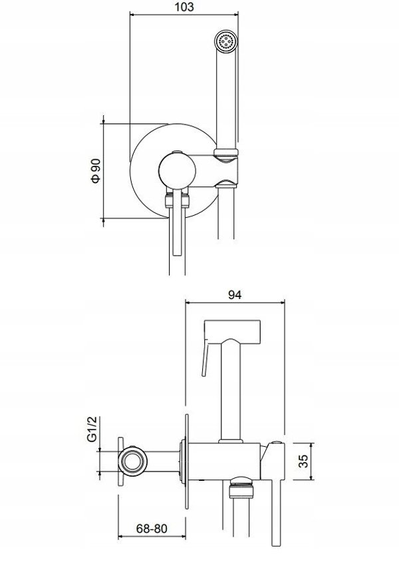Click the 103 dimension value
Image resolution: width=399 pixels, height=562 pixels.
tap(185, 7)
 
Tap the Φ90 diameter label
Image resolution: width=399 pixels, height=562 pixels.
tap(96, 171)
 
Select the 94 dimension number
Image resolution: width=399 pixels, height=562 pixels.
tap(235, 294)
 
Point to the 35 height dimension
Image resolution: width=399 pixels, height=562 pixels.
tap(303, 461)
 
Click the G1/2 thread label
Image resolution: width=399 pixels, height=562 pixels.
tap(92, 429)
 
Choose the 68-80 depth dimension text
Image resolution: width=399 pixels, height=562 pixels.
tap(152, 529)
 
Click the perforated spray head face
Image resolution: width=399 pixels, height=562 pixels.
tap(226, 41)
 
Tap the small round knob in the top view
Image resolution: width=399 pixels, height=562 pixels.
tap(177, 170)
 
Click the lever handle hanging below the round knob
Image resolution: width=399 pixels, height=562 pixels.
tap(178, 222)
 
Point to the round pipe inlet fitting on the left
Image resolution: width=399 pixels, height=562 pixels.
tap(132, 462)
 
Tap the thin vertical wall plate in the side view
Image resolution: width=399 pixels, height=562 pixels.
tap(186, 461)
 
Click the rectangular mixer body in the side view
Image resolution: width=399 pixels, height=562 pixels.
tap(224, 461)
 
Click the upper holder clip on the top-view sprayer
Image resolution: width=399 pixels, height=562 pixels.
tap(225, 152)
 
